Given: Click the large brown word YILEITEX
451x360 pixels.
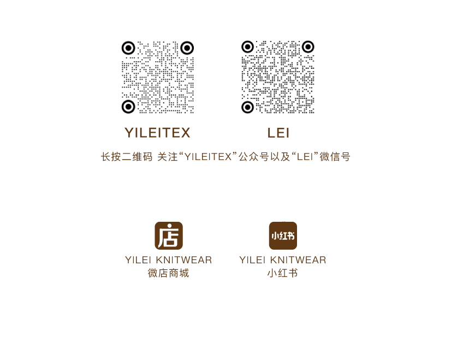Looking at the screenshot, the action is pyautogui.click(x=158, y=133).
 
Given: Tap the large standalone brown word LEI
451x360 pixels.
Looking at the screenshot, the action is pyautogui.click(x=279, y=133).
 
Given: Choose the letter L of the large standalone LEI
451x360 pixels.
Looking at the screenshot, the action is pyautogui.click(x=271, y=133).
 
